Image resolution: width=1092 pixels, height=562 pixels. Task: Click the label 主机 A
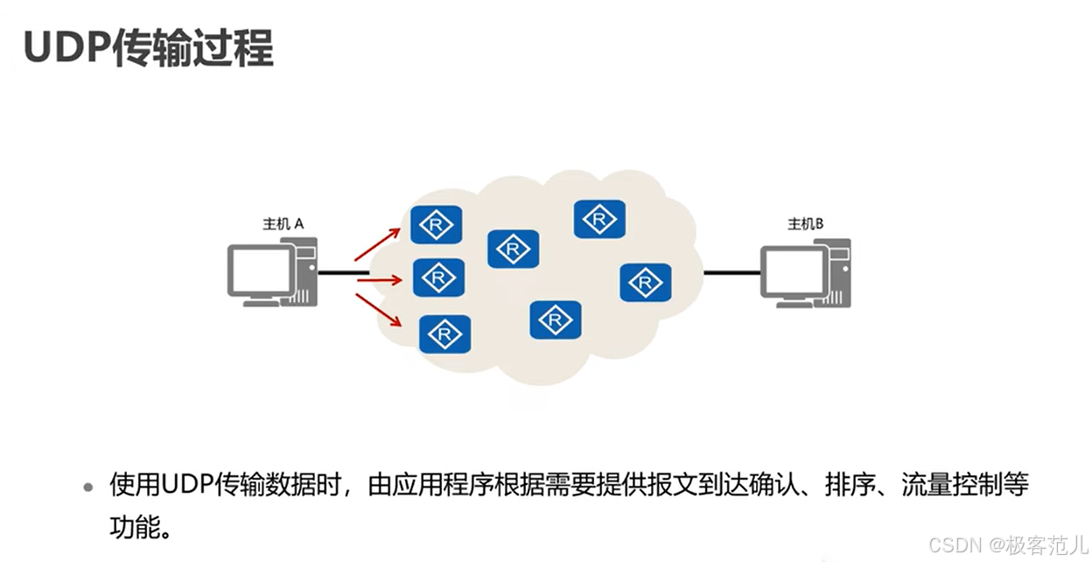pos(283,224)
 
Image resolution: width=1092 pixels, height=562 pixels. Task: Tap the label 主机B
pos(805,224)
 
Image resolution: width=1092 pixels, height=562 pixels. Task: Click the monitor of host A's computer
pos(260,270)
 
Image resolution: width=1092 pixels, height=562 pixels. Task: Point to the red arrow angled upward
pos(376,243)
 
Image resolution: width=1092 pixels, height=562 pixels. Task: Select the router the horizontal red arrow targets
pos(438,277)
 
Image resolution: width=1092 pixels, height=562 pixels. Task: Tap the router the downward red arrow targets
pos(445,334)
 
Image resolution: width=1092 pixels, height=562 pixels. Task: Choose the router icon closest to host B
pos(646,282)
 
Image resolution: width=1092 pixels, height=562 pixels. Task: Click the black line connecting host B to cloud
pos(731,273)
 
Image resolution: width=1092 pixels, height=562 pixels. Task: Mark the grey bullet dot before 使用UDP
pos(87,488)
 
